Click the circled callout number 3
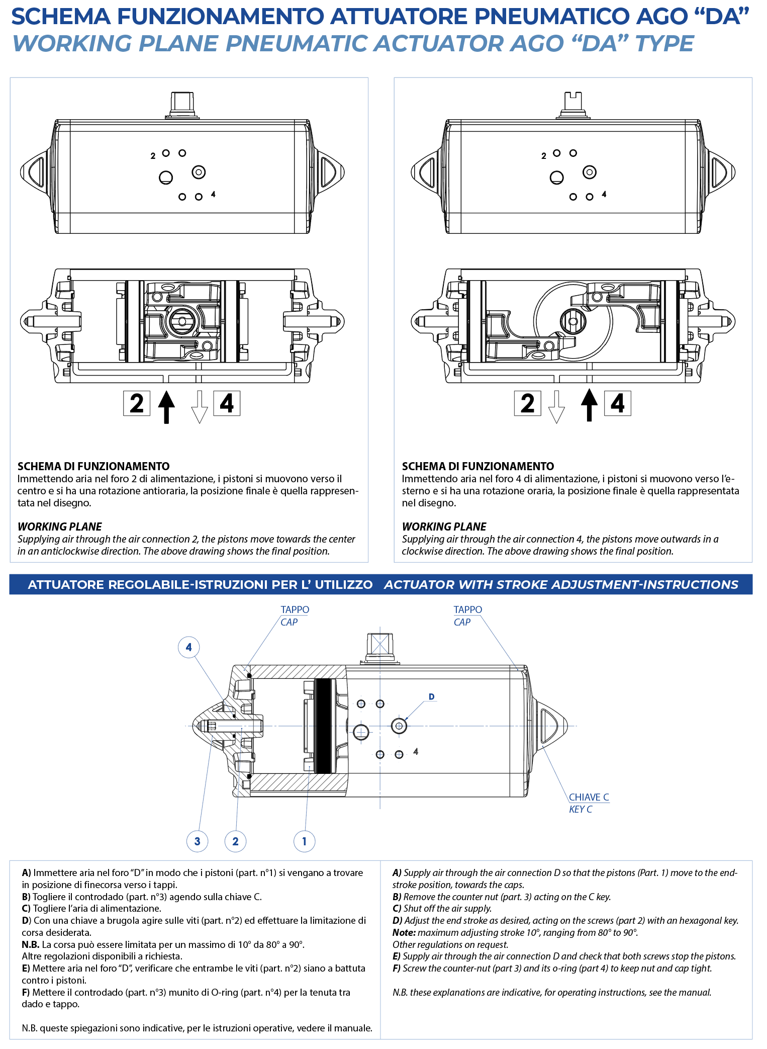click(197, 841)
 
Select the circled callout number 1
click(304, 841)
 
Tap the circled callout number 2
click(235, 841)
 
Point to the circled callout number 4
click(189, 647)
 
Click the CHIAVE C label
click(589, 797)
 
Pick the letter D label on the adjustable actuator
click(431, 697)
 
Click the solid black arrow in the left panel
click(166, 406)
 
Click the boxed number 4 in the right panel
click(617, 403)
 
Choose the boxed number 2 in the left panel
click(137, 403)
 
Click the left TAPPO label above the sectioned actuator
click(295, 609)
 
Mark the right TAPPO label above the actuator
click(468, 609)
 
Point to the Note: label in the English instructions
click(404, 933)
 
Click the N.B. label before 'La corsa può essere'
click(31, 944)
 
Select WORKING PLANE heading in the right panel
click(444, 527)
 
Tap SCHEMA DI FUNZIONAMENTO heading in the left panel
click(93, 466)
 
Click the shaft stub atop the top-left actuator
click(182, 105)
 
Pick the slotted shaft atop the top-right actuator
click(573, 105)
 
